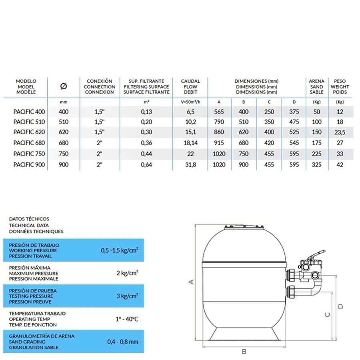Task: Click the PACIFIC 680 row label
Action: pos(29,143)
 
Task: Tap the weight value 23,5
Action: pos(340,132)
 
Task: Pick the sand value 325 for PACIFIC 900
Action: pos(316,164)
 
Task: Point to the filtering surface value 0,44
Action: pos(146,154)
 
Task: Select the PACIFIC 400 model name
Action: pos(29,112)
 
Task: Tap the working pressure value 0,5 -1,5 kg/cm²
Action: pos(120,250)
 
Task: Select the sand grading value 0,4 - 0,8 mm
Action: pos(123,342)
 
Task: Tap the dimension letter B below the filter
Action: pos(244,352)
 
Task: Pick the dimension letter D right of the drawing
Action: pos(340,306)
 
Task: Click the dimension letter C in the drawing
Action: pos(327,314)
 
